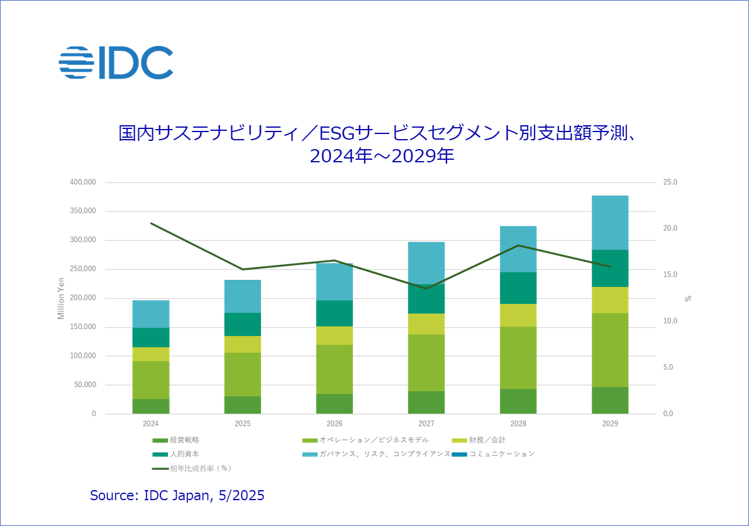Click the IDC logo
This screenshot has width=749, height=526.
pos(116,62)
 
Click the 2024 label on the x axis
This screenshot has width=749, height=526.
pos(151,424)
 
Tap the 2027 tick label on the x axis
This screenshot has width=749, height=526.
pos(426,424)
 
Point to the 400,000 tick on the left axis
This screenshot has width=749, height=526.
pos(82,182)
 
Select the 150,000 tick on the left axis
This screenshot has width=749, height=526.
pos(82,327)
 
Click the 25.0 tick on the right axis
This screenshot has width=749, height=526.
pos(670,182)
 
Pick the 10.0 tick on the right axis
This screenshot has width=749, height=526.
pos(670,321)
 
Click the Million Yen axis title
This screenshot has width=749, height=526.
pos(61,298)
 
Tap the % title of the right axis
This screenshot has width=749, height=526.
pos(688,298)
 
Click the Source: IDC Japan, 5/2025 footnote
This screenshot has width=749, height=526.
pos(177,496)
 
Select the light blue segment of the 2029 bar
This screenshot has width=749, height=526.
pos(610,223)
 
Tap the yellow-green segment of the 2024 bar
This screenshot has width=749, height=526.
pos(151,354)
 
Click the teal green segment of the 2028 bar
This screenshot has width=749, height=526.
pos(518,288)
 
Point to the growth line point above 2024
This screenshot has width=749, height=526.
pos(151,223)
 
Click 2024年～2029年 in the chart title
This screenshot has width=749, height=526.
pos(382,155)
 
